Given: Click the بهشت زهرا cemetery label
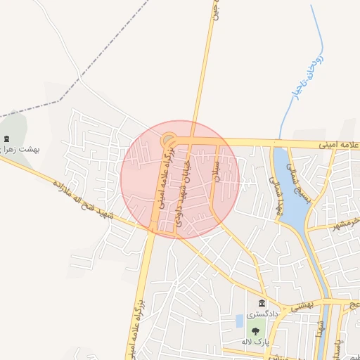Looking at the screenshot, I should pos(20,150).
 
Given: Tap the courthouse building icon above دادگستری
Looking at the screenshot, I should pos(262,303).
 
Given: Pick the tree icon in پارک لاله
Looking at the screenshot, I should pos(255,330).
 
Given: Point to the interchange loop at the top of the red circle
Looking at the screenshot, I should pos(169,140).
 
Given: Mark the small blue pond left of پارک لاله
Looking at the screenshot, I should pos(240,321).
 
